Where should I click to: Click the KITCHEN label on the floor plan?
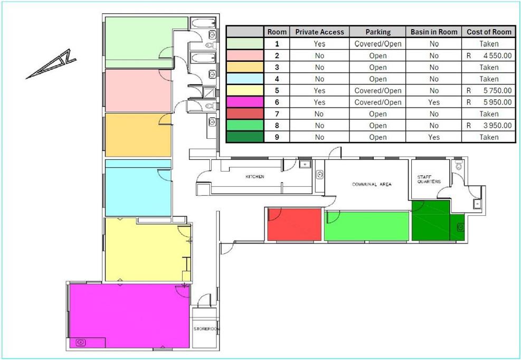click(x=255, y=176)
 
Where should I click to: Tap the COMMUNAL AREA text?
click(x=372, y=184)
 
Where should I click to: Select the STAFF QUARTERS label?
click(x=429, y=179)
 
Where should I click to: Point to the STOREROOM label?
click(x=206, y=329)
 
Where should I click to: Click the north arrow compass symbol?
click(x=52, y=64)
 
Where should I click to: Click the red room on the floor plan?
click(x=295, y=224)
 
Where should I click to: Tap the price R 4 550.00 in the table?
click(x=489, y=55)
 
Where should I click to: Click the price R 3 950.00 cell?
click(x=489, y=125)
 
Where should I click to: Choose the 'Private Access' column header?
click(x=319, y=32)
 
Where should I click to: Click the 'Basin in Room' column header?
click(x=433, y=32)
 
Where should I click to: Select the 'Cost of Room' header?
click(x=489, y=32)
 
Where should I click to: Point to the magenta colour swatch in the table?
click(x=245, y=102)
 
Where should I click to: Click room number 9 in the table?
click(x=277, y=137)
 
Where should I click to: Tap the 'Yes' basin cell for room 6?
click(x=433, y=102)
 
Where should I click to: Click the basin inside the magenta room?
click(x=80, y=342)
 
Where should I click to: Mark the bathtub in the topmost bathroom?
click(x=203, y=23)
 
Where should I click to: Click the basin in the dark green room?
click(x=460, y=228)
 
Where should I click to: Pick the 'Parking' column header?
click(x=378, y=32)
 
